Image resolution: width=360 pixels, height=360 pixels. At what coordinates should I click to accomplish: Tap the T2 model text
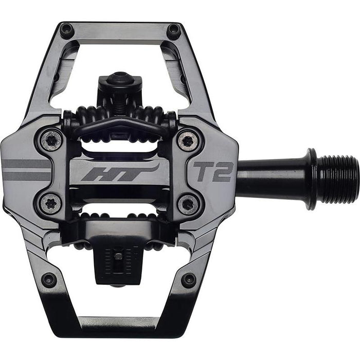[213, 172]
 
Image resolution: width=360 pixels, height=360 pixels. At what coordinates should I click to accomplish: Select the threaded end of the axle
[337, 179]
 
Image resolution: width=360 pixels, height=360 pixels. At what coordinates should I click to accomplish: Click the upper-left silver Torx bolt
[51, 139]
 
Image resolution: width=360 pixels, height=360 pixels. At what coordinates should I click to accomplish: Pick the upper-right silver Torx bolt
[188, 139]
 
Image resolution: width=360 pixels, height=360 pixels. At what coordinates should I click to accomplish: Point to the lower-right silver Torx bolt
[188, 204]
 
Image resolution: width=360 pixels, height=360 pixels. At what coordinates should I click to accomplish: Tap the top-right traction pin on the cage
[174, 29]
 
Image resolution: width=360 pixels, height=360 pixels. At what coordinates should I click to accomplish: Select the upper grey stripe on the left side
[26, 164]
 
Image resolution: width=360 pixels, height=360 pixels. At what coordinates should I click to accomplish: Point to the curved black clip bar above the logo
[119, 123]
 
